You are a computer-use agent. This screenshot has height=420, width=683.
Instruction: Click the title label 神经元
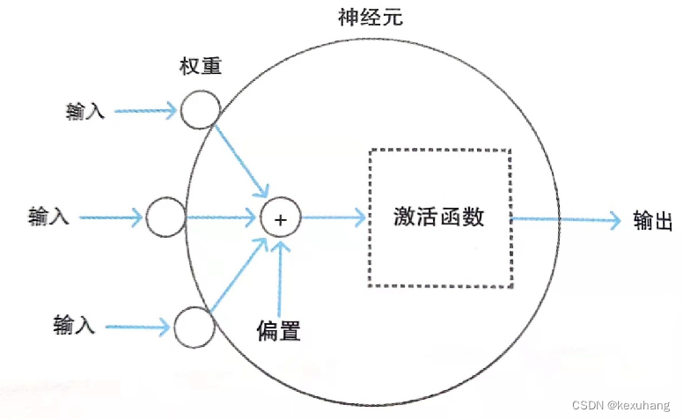(370, 17)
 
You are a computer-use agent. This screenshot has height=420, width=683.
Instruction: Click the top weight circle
(199, 112)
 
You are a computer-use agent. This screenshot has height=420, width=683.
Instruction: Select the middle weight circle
(165, 217)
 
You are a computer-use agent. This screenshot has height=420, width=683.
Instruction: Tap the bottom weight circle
(194, 328)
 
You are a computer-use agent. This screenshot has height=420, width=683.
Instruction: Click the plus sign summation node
(281, 217)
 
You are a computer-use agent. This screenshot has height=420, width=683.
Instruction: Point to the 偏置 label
(279, 330)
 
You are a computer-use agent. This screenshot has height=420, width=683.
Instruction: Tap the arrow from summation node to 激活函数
(334, 217)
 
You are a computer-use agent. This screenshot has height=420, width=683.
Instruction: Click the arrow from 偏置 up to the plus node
(281, 273)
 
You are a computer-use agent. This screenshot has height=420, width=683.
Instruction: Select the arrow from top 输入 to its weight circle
(145, 112)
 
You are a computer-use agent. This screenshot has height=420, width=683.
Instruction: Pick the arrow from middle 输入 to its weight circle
(111, 217)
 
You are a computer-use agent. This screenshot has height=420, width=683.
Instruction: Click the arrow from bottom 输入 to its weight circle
(136, 328)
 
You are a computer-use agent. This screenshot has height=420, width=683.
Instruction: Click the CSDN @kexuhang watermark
(621, 406)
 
